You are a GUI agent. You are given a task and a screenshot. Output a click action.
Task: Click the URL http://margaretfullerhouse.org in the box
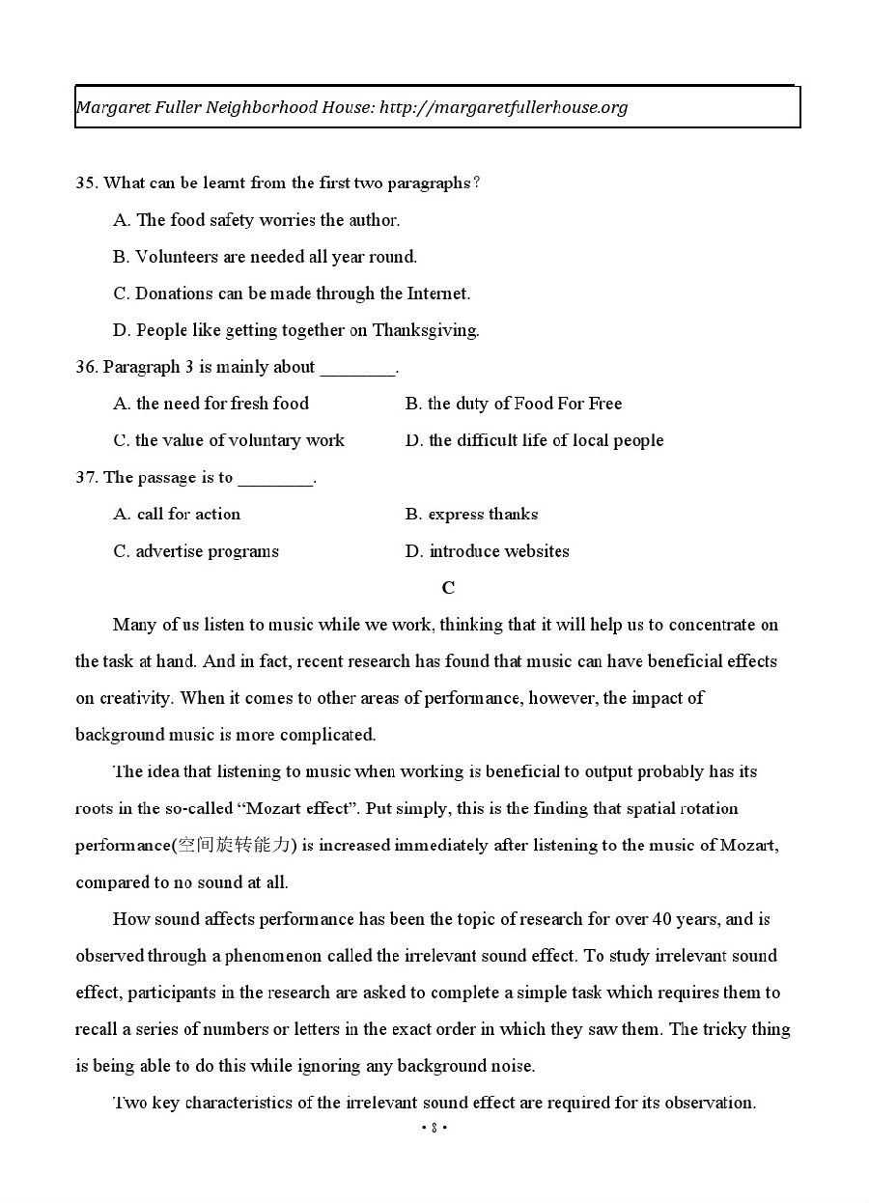click(503, 107)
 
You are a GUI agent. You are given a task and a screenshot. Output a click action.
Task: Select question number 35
click(86, 183)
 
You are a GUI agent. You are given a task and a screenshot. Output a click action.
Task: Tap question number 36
click(86, 367)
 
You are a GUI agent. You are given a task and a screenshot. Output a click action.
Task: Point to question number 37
click(86, 478)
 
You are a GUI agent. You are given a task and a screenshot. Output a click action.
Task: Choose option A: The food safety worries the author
click(256, 220)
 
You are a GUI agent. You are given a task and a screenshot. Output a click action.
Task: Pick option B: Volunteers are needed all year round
click(265, 257)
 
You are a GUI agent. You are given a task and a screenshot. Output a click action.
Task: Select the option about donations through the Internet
click(292, 294)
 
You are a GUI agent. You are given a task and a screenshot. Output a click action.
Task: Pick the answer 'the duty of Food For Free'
click(514, 404)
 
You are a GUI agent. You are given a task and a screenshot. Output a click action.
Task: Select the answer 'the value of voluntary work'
click(229, 440)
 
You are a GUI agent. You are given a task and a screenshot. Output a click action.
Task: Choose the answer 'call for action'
click(177, 515)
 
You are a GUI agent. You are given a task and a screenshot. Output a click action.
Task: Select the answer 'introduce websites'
click(487, 551)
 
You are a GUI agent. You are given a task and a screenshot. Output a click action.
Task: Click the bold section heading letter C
click(448, 588)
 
